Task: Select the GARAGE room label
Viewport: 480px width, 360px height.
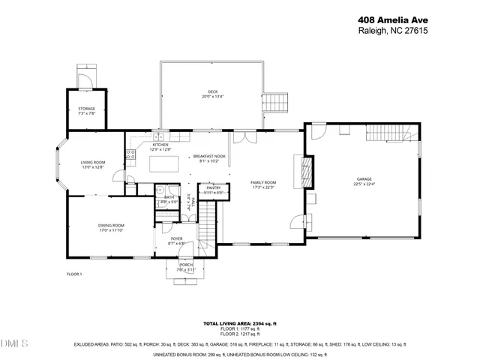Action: point(364,180)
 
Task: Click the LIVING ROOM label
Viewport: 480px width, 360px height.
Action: point(93,163)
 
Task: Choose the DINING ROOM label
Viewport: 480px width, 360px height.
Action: point(111,226)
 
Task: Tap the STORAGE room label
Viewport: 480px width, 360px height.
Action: point(87,110)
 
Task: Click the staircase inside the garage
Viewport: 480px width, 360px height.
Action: point(388,133)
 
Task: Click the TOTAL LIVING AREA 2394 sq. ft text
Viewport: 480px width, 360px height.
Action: point(240,323)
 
